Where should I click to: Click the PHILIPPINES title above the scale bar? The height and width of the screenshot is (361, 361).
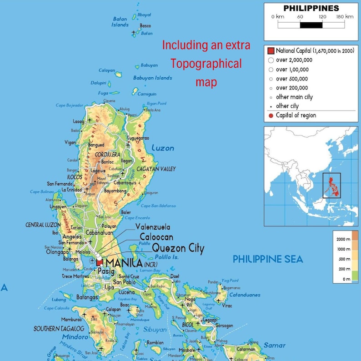311,8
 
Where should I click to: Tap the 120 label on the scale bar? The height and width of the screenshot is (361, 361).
322,17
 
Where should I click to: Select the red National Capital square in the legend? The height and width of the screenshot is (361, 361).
271,50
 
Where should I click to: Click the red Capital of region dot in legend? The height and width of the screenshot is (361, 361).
271,115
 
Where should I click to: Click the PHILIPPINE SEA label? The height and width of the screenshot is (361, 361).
268,259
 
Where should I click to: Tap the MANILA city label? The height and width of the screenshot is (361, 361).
123,263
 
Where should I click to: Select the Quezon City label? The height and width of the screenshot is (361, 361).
178,248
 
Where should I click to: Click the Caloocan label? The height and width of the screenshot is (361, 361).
156,237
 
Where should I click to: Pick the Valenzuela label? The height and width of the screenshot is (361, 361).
153,226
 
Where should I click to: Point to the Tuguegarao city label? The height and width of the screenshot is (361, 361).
138,138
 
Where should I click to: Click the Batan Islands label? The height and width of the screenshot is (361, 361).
120,22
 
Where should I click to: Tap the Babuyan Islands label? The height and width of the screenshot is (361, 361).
152,78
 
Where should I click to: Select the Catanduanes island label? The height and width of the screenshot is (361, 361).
245,295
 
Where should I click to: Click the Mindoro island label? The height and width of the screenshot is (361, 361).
75,337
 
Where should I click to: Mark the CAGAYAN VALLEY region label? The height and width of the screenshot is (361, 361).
156,169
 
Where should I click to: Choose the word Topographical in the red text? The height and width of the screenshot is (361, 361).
206,64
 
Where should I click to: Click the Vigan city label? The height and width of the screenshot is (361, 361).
70,142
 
